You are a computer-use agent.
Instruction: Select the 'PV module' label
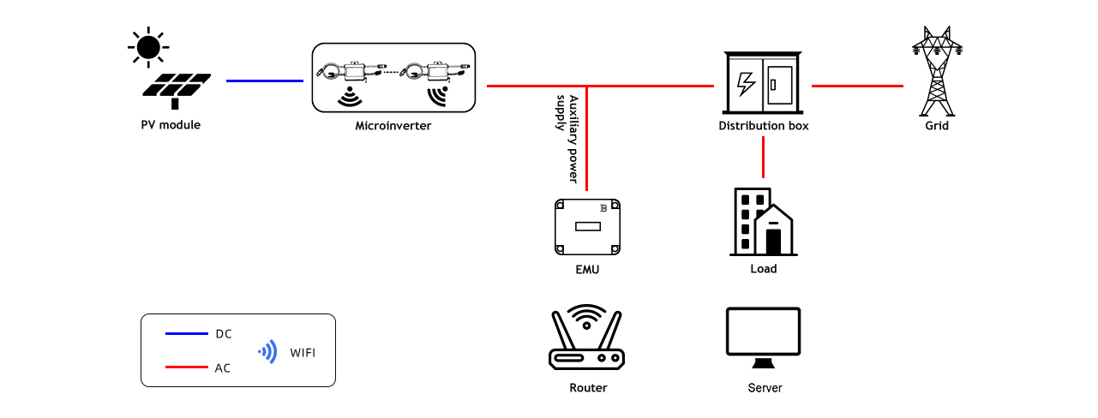click(171, 125)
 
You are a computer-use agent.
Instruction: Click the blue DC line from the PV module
click(265, 81)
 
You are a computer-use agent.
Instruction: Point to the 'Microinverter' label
click(393, 126)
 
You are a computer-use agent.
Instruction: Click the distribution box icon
click(762, 82)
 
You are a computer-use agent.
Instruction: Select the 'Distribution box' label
click(763, 126)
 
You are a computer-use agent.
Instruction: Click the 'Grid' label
click(937, 126)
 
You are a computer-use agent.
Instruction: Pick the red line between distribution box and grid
click(857, 86)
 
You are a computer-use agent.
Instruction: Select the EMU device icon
click(587, 227)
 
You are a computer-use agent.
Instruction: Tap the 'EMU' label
click(587, 270)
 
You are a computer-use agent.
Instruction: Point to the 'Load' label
click(763, 269)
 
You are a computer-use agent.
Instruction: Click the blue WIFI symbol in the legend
click(268, 351)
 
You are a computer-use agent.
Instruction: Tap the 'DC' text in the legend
click(223, 334)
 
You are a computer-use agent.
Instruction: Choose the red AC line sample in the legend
click(187, 367)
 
